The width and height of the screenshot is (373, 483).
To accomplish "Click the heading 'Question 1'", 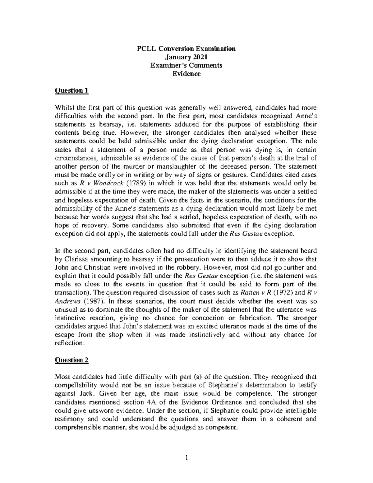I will [71, 91].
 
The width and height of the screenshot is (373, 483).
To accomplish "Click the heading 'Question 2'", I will [71, 360].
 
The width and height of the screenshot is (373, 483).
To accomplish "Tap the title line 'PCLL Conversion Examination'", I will [186, 49].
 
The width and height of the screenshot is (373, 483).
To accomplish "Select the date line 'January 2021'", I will [186, 57].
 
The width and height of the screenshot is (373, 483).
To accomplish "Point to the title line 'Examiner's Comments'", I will [186, 65].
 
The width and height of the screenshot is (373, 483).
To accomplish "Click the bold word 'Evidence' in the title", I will [186, 74].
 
